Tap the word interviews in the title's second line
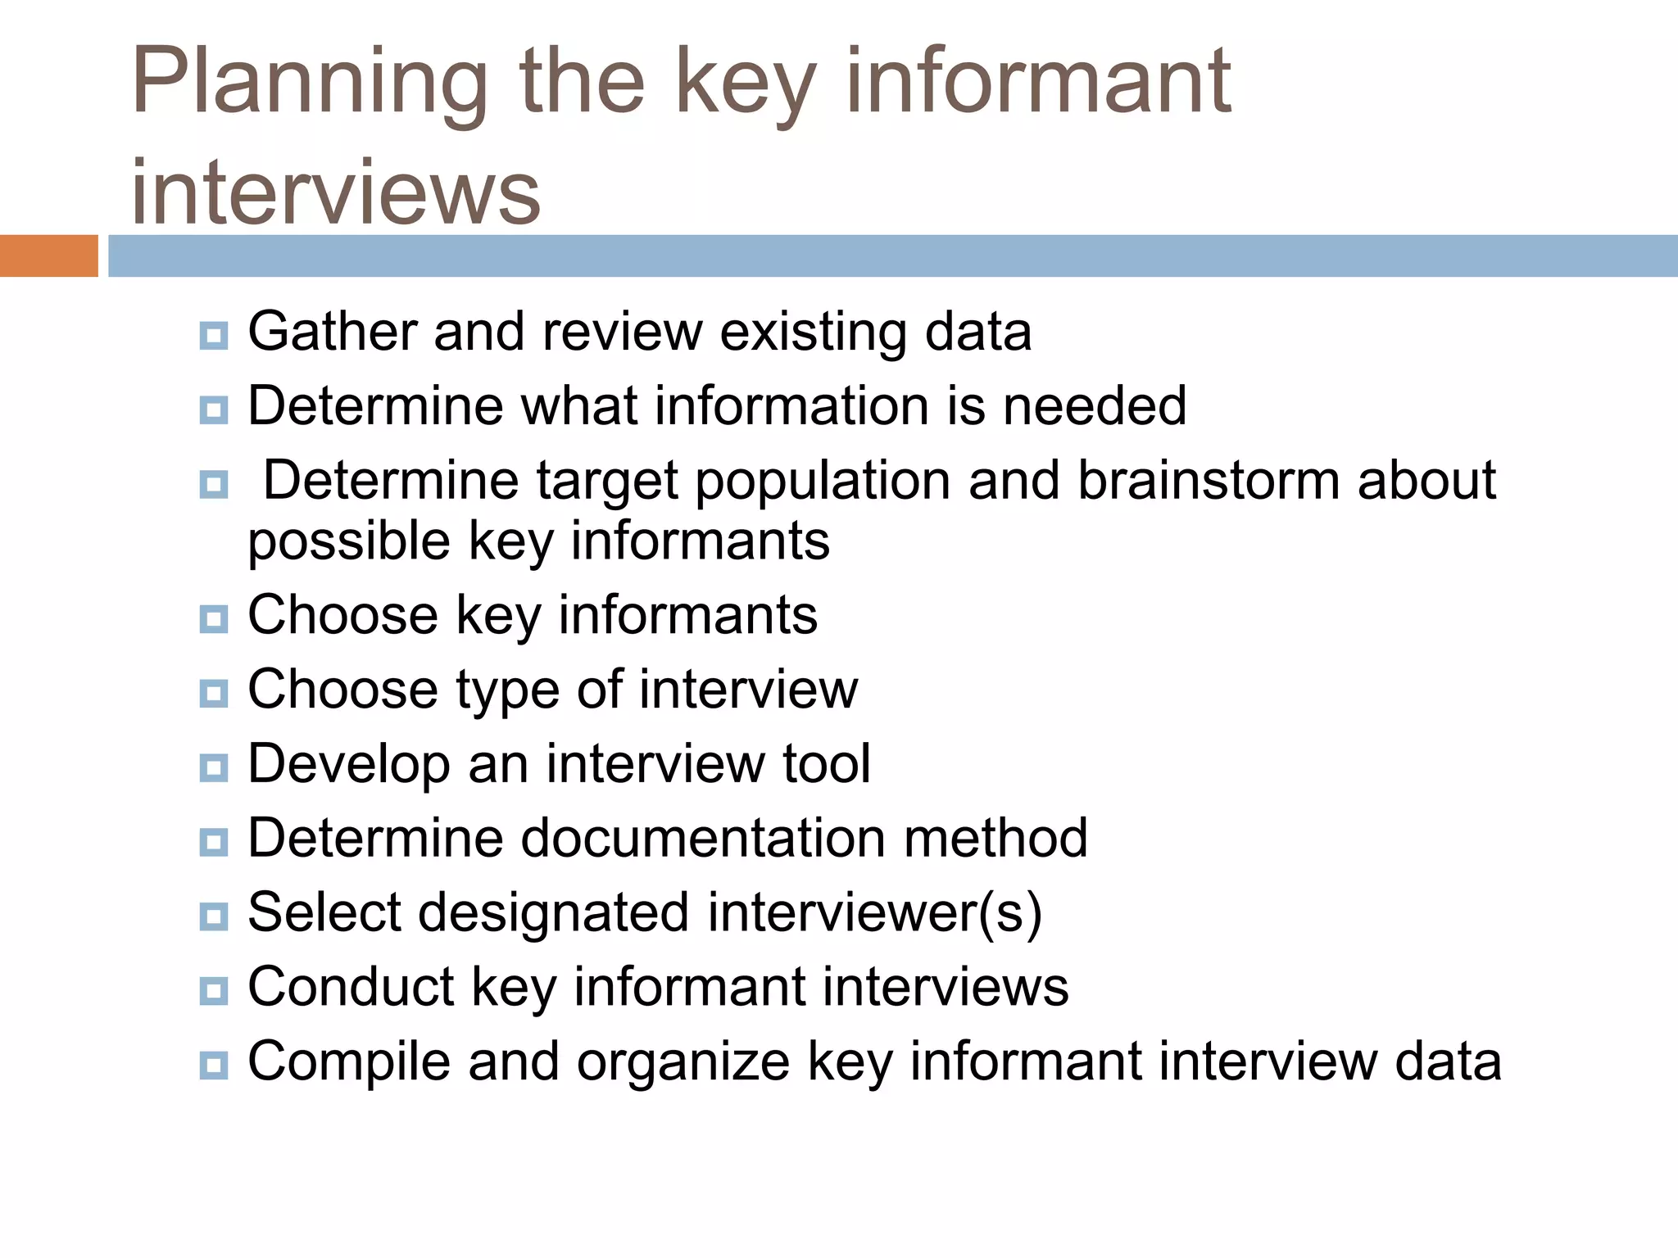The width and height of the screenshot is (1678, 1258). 336,192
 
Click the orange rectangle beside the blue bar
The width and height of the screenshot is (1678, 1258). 48,256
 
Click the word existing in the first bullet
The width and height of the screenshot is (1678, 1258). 813,332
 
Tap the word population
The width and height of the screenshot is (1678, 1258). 823,482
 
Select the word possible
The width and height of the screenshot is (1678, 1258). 349,541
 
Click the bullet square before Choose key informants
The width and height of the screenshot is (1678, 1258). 214,619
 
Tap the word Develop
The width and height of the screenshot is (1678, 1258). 349,765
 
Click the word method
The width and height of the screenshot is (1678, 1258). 995,838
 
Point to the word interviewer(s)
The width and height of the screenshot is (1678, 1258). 874,912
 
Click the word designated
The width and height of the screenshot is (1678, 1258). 554,912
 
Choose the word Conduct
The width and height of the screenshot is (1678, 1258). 351,986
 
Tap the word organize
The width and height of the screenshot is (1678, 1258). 683,1062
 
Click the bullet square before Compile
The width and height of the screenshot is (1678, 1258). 214,1065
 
